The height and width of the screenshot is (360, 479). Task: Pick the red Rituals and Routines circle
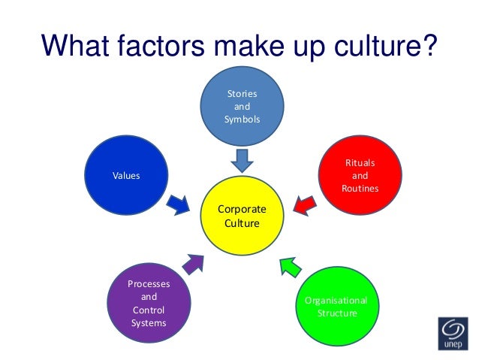[x=359, y=175]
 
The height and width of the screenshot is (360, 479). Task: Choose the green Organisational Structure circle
[x=336, y=305]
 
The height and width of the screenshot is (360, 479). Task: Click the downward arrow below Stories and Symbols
[x=241, y=159]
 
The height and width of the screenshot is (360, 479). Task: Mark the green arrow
[x=291, y=265]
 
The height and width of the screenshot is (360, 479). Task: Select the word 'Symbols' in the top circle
[x=241, y=120]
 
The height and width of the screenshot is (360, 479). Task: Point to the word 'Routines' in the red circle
[x=360, y=189]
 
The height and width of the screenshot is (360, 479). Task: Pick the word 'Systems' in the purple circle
[x=149, y=323]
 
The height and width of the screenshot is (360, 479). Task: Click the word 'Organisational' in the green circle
[x=336, y=300]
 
